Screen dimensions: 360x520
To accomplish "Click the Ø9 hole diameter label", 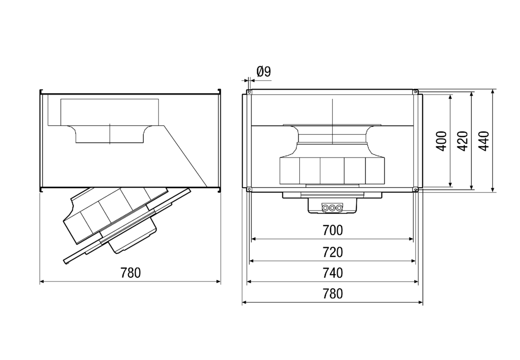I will pyautogui.click(x=263, y=72).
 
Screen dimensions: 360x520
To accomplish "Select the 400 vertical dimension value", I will pyautogui.click(x=441, y=140).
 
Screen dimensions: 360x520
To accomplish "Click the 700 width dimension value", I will pyautogui.click(x=332, y=231).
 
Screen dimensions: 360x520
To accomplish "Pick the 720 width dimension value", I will pyautogui.click(x=332, y=252).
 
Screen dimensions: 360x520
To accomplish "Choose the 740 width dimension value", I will pyautogui.click(x=332, y=273).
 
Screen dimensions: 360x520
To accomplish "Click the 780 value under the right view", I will pyautogui.click(x=332, y=294).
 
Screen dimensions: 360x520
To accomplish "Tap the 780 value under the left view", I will pyautogui.click(x=130, y=273).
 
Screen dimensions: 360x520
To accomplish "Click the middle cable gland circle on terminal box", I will pyautogui.click(x=332, y=207).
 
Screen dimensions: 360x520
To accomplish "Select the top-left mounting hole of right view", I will pyautogui.click(x=249, y=92).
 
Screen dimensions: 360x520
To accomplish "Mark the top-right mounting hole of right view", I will pyautogui.click(x=415, y=92).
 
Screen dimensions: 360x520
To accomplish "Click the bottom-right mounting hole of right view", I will pyautogui.click(x=415, y=190).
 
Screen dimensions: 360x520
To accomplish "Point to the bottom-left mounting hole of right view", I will pyautogui.click(x=249, y=190).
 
